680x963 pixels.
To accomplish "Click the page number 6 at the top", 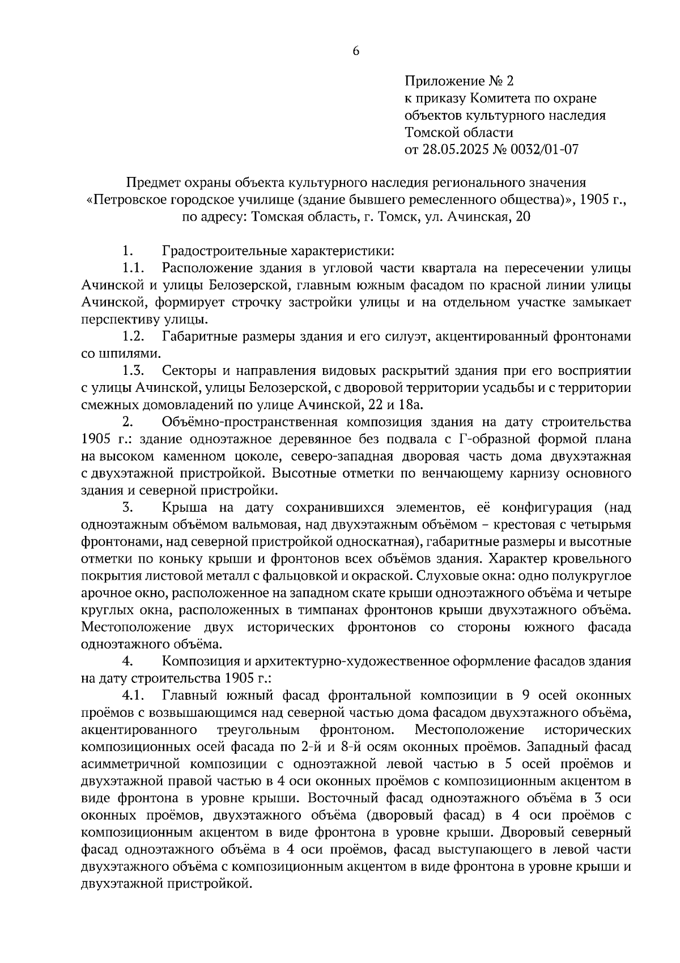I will pyautogui.click(x=356, y=51).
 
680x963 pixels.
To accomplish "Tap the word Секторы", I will pyautogui.click(x=190, y=371).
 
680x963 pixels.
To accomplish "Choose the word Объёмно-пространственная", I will pyautogui.click(x=250, y=423).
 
